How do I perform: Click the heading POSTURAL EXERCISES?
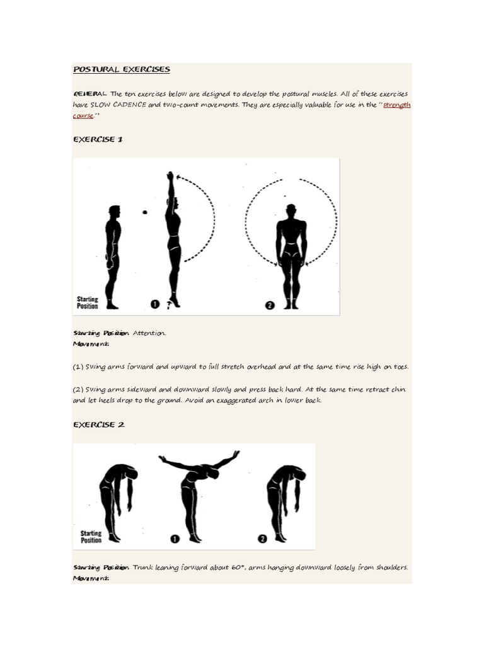[122, 69]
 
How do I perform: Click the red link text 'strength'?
[397, 105]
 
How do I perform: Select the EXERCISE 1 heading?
[98, 140]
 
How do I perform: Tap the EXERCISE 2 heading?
[99, 425]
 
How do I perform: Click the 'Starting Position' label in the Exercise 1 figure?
[88, 302]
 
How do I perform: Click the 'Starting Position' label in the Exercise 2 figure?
[91, 537]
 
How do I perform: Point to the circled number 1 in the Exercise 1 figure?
[154, 305]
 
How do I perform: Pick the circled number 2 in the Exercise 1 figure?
[270, 305]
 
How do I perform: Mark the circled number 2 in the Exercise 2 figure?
[262, 539]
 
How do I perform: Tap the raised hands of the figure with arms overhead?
[170, 176]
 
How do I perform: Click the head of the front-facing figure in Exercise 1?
[291, 210]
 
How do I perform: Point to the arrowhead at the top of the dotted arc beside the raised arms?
[179, 177]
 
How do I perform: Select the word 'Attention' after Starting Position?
[149, 333]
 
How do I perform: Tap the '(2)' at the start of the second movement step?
[79, 389]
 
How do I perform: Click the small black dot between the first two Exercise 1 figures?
[144, 213]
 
